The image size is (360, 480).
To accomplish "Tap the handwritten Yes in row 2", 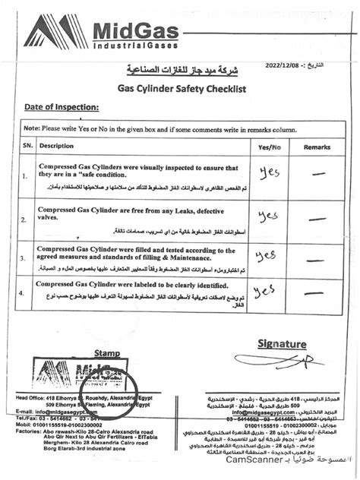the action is pos(267,216).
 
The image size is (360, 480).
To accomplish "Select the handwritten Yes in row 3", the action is pos(266,254).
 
